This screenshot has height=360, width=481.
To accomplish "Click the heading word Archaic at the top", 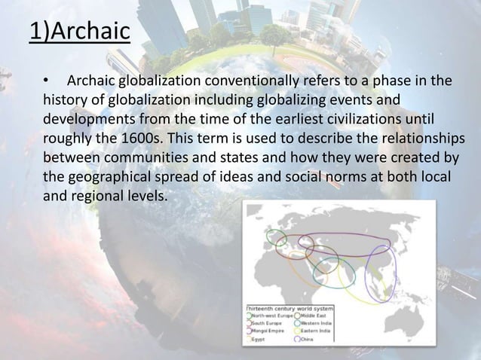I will point(88,33).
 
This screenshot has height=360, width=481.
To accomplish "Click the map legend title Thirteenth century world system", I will point(291,309).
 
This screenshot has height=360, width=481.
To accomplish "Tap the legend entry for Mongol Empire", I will point(268,331).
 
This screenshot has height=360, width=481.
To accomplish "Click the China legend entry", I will point(308,340).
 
